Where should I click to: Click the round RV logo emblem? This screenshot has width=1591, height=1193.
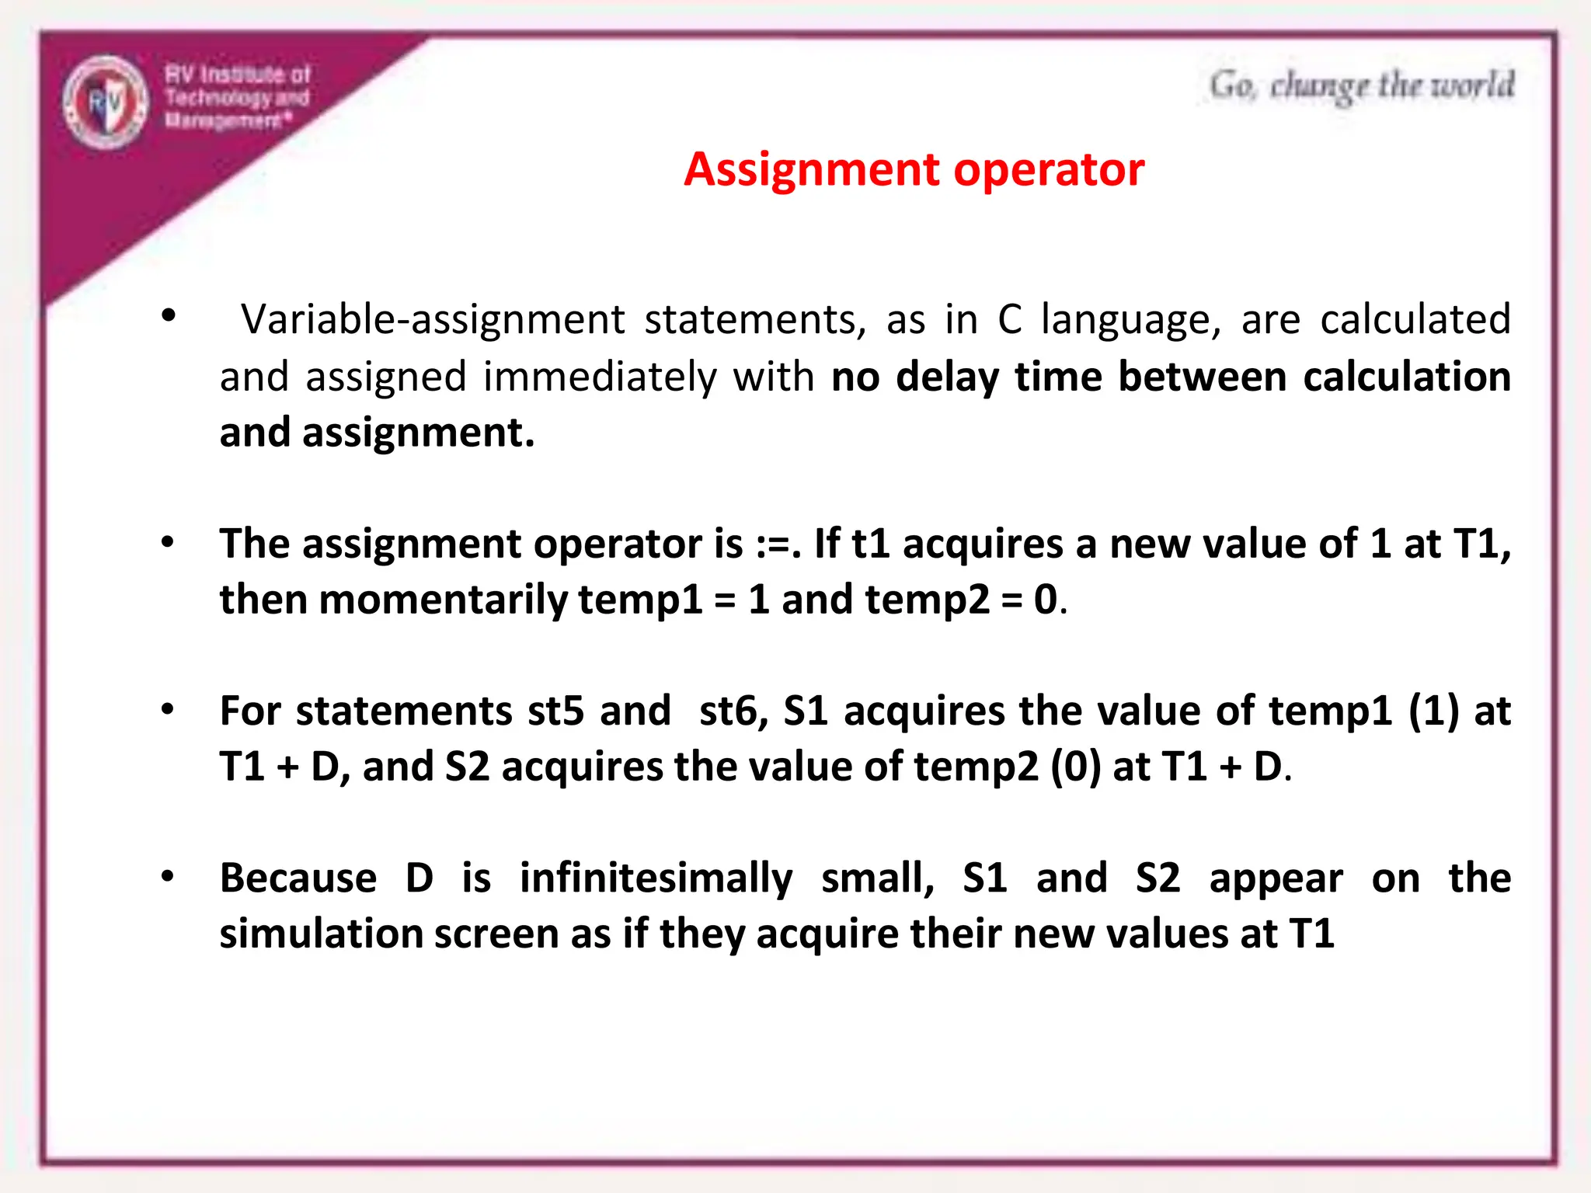pos(105,102)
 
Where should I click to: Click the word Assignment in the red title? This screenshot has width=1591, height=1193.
pos(812,169)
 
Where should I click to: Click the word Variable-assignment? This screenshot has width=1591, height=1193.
pos(433,319)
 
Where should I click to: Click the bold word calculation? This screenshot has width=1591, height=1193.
pos(1407,377)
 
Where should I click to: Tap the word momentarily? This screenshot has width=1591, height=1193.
pos(444,600)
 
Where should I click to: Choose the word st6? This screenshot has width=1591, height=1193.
pos(733,711)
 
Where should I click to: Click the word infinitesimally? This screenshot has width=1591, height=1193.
pos(656,878)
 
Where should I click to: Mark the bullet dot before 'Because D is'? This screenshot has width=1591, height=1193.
pos(168,876)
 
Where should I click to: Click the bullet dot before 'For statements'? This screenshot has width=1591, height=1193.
pos(168,709)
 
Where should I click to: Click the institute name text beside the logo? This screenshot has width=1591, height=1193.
pos(237,98)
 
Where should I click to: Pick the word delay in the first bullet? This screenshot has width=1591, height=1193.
pos(947,377)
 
